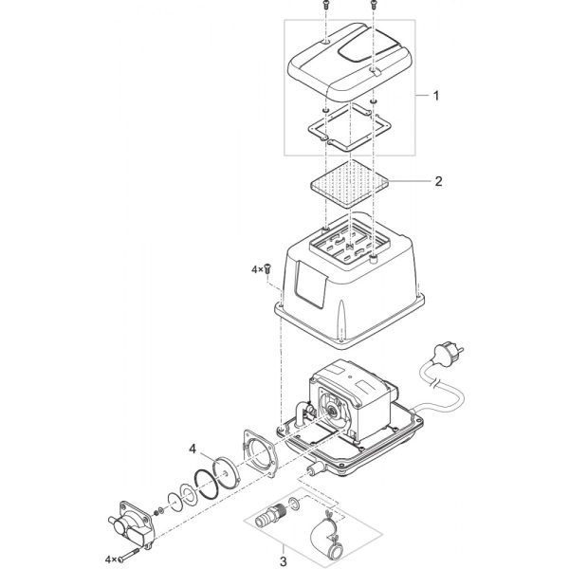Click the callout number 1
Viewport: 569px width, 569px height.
coord(436,96)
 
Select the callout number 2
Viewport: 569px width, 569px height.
coord(439,181)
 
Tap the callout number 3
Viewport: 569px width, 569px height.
coord(283,561)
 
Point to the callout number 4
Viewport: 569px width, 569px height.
coord(193,450)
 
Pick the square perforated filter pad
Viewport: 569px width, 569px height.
coord(349,184)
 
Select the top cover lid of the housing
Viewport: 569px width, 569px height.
coord(349,62)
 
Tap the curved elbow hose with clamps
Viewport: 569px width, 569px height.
coord(326,538)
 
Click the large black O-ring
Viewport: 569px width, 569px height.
coord(207,486)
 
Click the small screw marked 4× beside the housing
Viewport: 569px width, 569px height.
coord(268,268)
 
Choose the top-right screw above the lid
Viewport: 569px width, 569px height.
coord(374,5)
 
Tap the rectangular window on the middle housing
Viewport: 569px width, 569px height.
coord(311,284)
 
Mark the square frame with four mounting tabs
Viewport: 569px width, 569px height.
coord(349,128)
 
